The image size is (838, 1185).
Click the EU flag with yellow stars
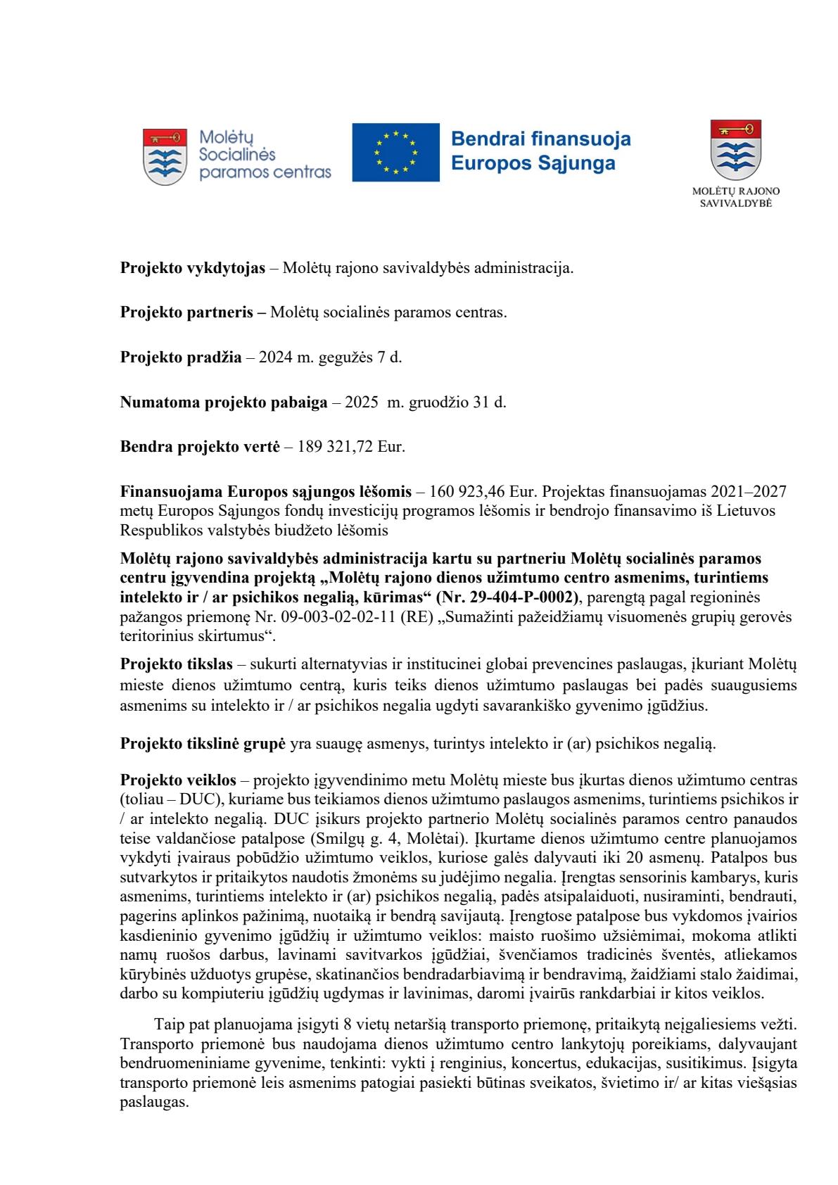coord(395,152)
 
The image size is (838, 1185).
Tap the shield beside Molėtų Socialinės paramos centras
coord(165,156)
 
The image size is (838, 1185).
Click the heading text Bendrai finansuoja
coord(540,139)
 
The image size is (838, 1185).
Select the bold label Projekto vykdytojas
coord(193,268)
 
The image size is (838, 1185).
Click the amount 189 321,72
coord(338,447)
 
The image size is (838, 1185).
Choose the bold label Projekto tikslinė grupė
coord(202,743)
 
